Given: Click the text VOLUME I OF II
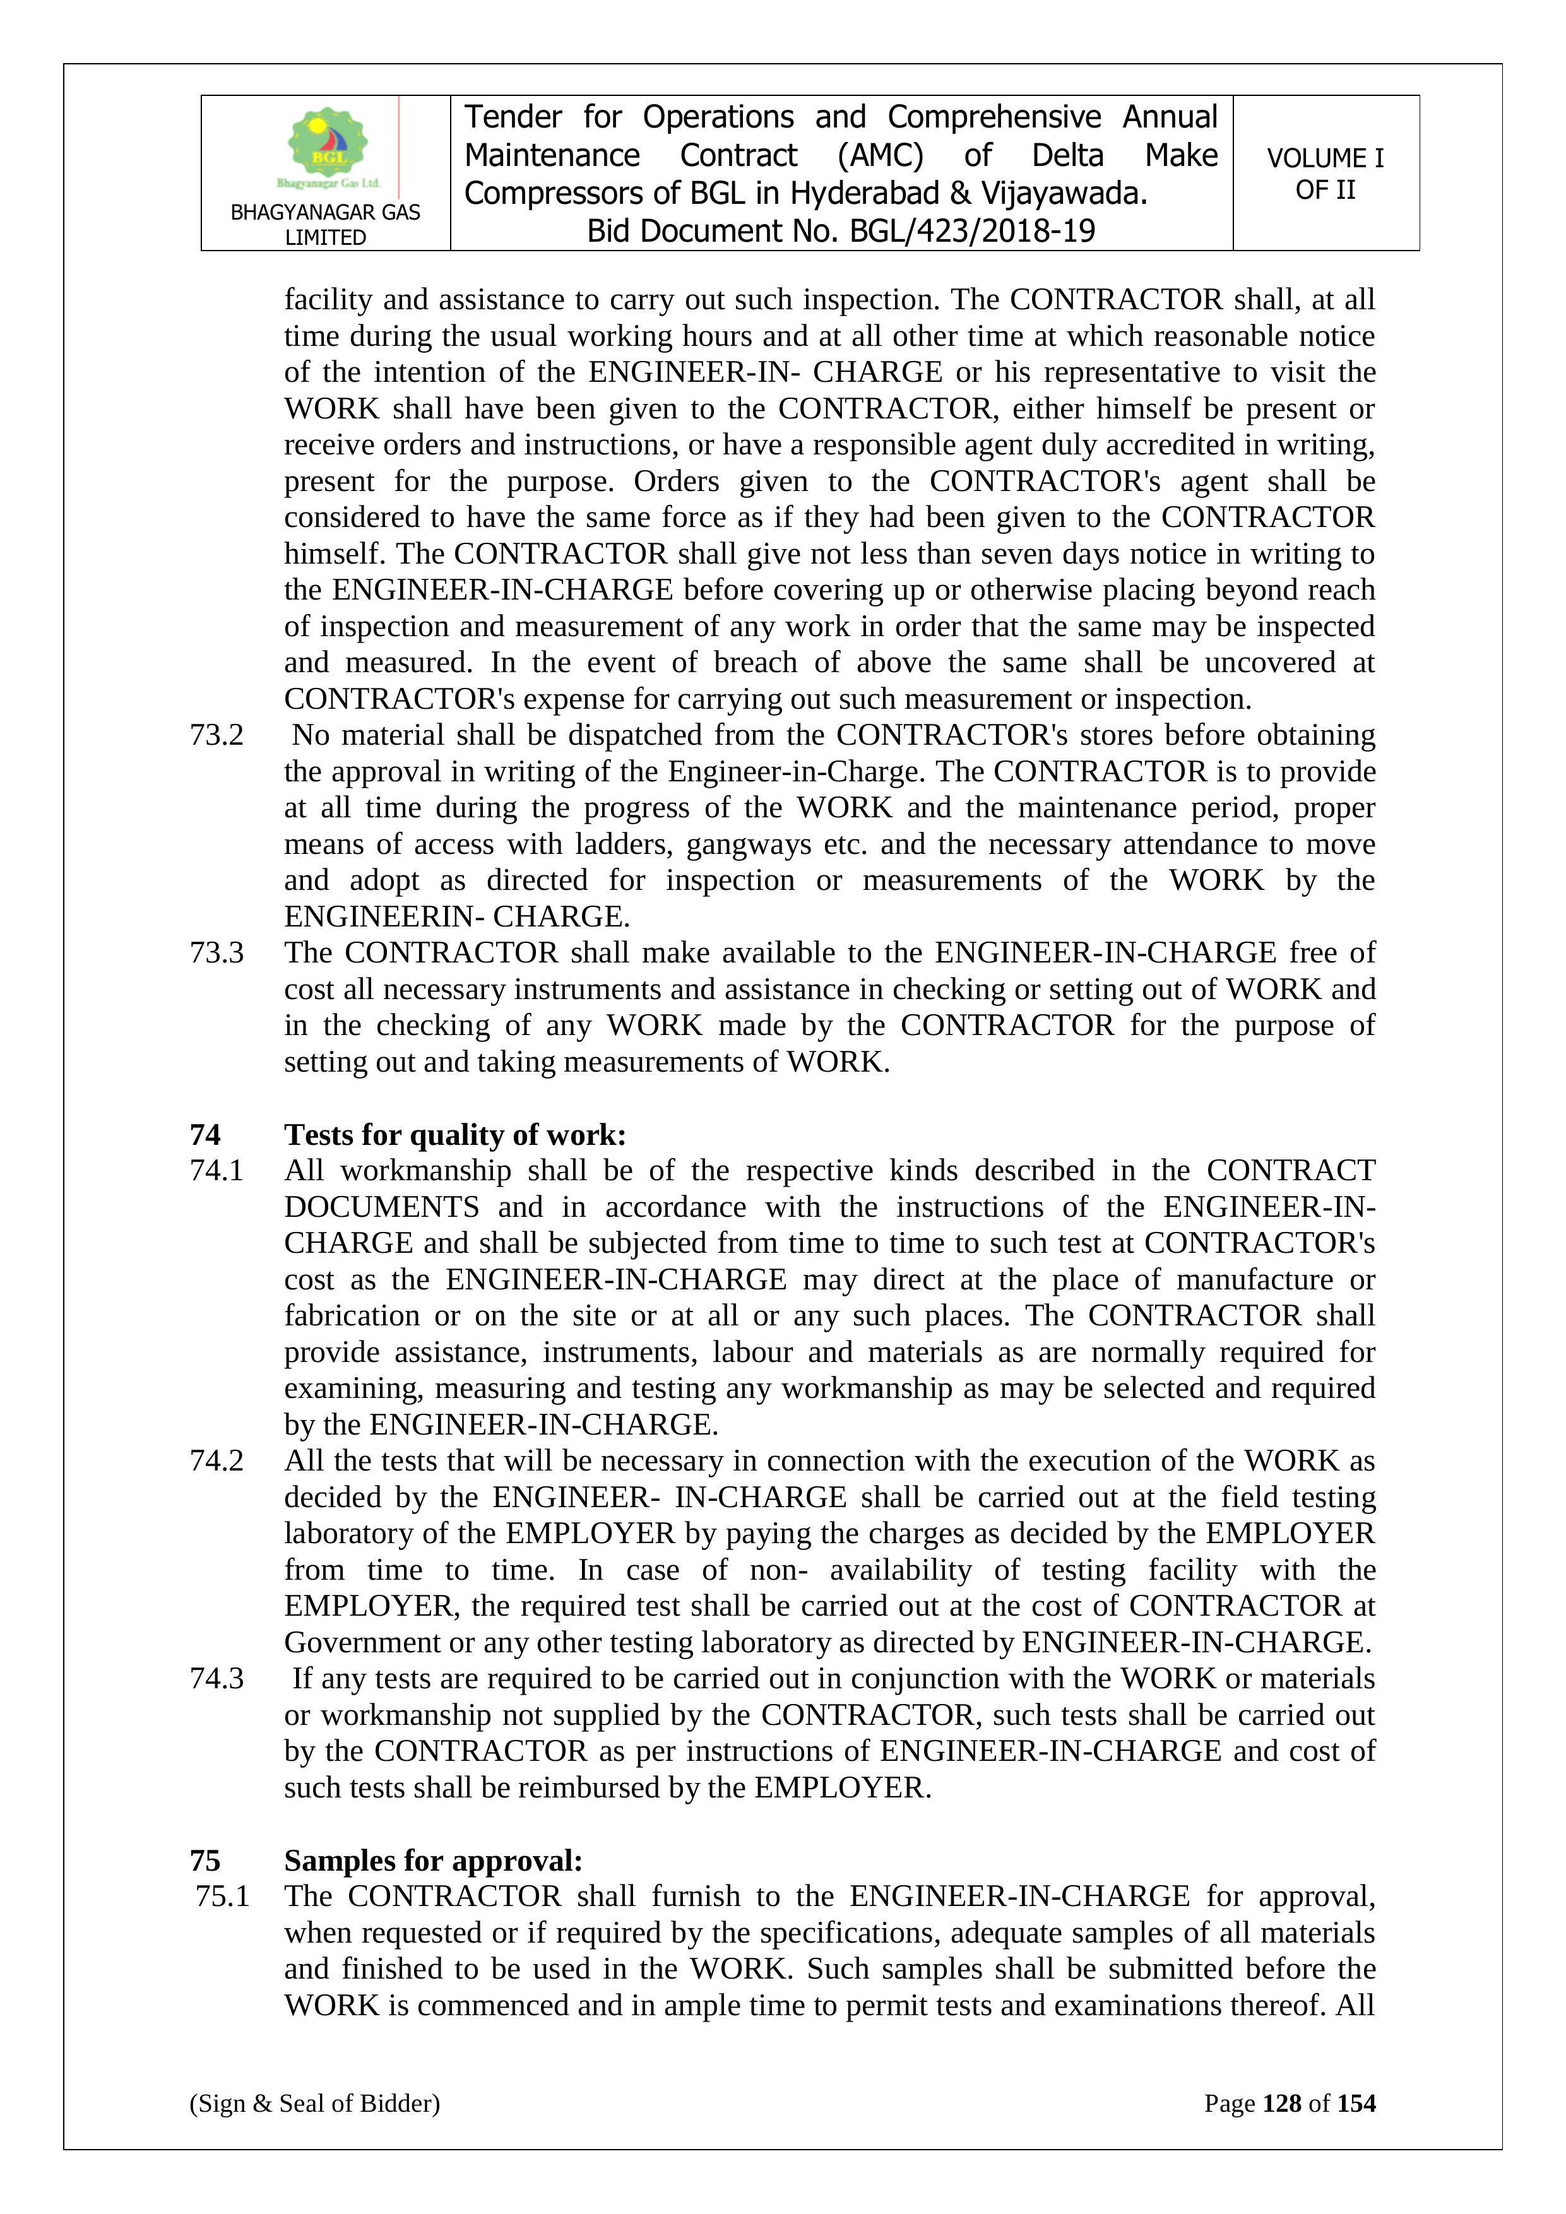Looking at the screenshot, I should pyautogui.click(x=1325, y=174).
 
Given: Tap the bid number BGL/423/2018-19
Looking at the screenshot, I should pyautogui.click(x=972, y=232).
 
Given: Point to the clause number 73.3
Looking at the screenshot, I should pyautogui.click(x=217, y=953).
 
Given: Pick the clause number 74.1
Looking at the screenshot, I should pyautogui.click(x=217, y=1171).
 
